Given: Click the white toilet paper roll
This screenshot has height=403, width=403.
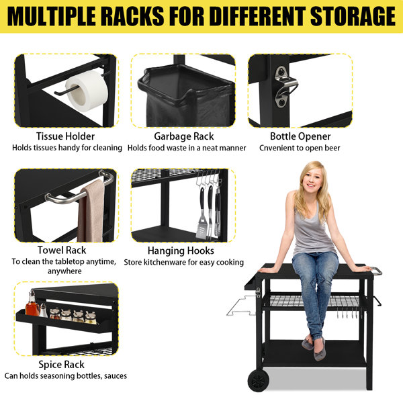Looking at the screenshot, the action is point(87,91).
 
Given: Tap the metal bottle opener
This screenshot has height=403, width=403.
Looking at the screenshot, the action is point(285,87).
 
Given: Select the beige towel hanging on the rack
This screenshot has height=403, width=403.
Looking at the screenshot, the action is point(91,212).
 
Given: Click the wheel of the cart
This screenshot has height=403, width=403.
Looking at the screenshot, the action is point(259,380).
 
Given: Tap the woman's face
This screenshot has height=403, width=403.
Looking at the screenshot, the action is point(311,180).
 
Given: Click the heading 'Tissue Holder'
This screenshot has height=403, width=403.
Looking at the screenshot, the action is point(65,136).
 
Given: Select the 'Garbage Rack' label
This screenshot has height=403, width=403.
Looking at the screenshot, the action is point(184,136).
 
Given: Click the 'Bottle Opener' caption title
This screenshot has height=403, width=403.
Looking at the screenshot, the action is point(300,136).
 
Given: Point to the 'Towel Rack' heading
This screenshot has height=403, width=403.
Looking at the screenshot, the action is point(62,250).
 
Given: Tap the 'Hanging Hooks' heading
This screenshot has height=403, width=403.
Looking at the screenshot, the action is point(181,251).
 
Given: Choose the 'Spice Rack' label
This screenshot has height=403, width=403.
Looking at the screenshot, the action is point(61,365).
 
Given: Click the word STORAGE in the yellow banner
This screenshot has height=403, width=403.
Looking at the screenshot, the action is point(353,16).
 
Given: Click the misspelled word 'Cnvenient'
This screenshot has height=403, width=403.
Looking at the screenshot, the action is point(276,148).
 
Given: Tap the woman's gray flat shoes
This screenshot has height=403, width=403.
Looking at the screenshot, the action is point(314,347).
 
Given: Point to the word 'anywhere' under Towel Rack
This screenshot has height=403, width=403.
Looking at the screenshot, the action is point(64,271).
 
